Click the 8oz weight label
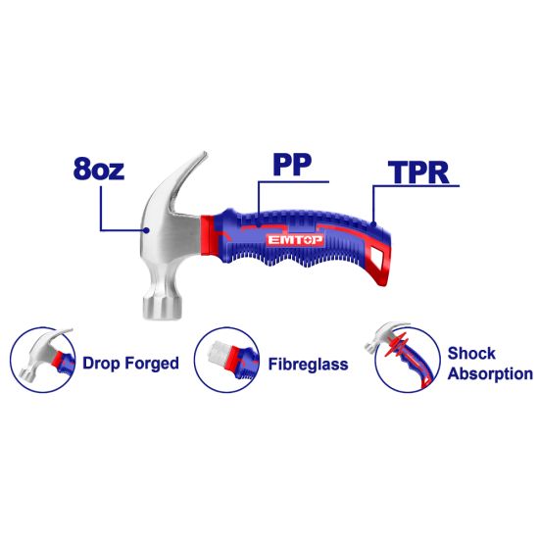point(99,169)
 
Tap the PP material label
point(292,164)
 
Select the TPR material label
point(418,171)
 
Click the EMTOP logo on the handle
point(295,240)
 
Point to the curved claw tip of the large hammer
point(205,154)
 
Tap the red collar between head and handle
point(208,235)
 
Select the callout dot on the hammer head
point(147,230)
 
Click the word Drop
point(101,364)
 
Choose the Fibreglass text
point(308,365)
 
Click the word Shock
point(471,353)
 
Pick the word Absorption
point(490,374)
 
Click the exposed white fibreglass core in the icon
point(218,353)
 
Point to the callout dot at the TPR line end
point(373,224)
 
